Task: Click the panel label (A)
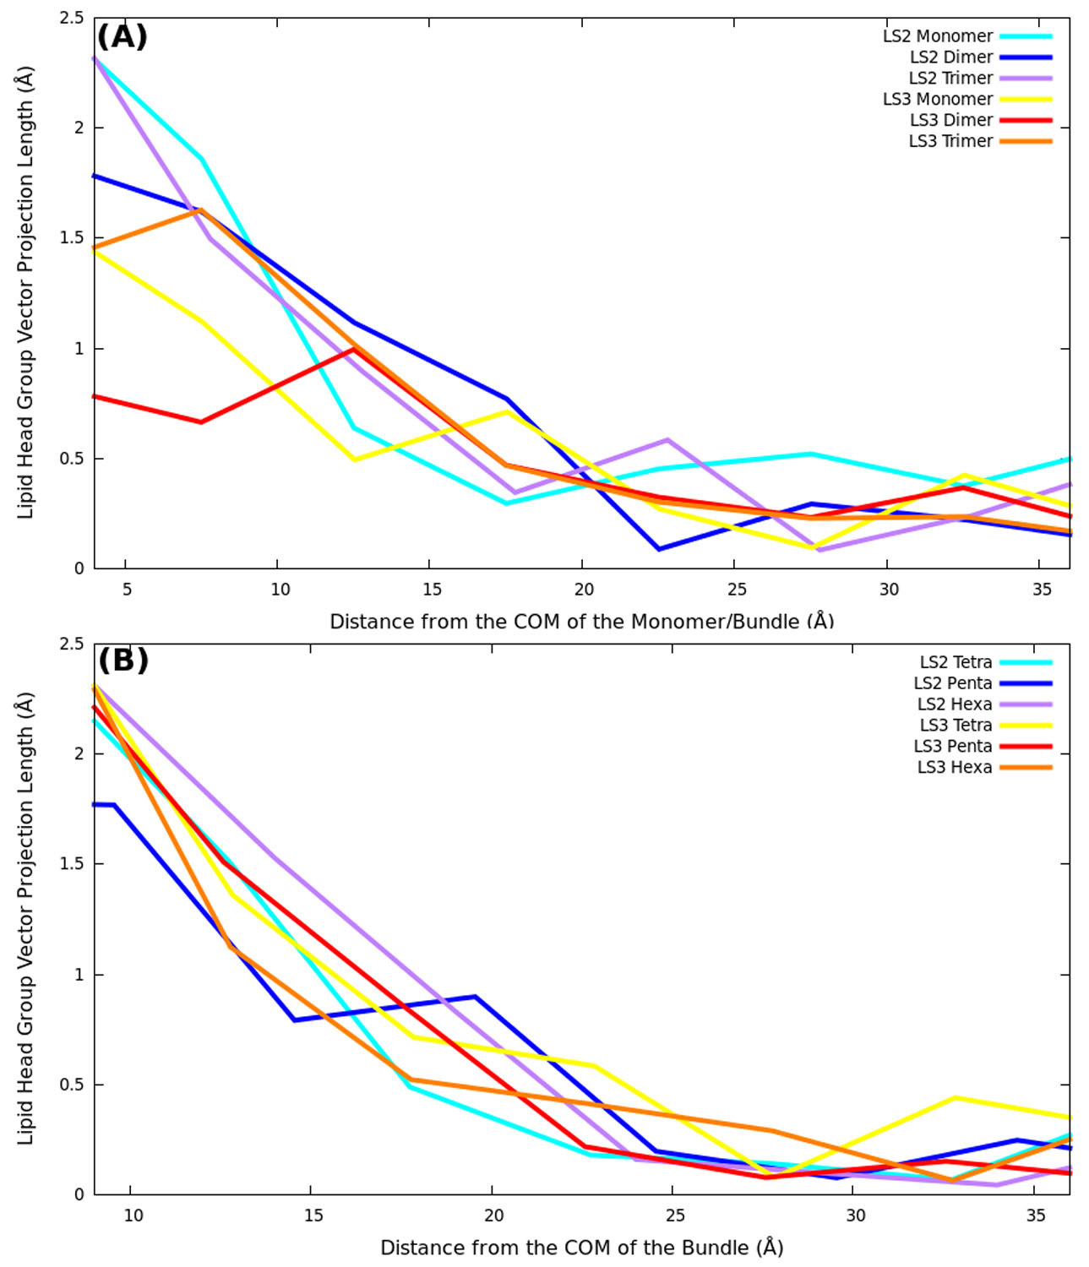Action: (x=123, y=37)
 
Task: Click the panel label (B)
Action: (x=123, y=661)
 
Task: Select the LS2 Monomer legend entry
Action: (x=938, y=36)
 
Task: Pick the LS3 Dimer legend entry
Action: (x=951, y=120)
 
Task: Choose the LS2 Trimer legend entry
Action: (x=950, y=79)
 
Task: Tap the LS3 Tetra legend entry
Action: (x=956, y=726)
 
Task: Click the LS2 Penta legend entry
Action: (x=952, y=683)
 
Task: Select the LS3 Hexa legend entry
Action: (x=955, y=767)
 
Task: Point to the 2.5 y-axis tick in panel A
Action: (x=72, y=19)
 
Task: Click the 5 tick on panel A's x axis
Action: (x=127, y=590)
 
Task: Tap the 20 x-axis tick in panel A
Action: (x=584, y=590)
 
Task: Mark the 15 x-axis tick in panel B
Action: (x=313, y=1215)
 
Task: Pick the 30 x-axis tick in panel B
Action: (x=855, y=1215)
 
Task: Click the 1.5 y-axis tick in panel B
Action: (x=72, y=864)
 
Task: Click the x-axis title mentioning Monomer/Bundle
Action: (x=581, y=622)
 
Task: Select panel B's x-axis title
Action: (x=581, y=1248)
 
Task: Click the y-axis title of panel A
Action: (x=26, y=292)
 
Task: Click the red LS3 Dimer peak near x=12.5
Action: (x=355, y=349)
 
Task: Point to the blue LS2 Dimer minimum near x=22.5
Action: (x=659, y=549)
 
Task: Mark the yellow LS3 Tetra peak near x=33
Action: (x=956, y=1097)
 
